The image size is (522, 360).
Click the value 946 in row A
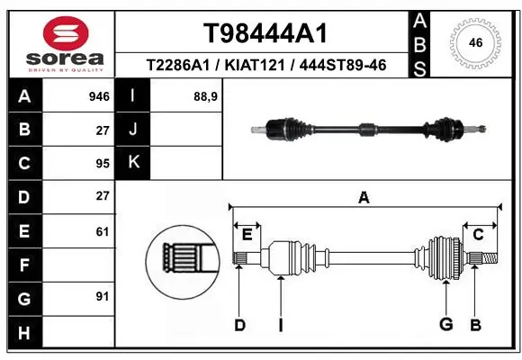click(x=100, y=96)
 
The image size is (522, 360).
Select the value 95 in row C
click(x=103, y=163)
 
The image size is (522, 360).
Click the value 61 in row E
click(x=103, y=230)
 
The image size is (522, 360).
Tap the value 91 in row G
click(x=103, y=296)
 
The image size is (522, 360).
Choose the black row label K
click(x=134, y=163)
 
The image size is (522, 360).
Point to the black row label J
click(x=134, y=130)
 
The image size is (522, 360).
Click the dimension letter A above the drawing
click(x=364, y=198)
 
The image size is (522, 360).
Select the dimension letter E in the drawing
click(x=247, y=235)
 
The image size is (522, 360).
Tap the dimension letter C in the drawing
click(x=479, y=235)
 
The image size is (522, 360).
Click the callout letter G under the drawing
click(x=445, y=324)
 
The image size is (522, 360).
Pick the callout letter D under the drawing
click(x=239, y=324)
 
